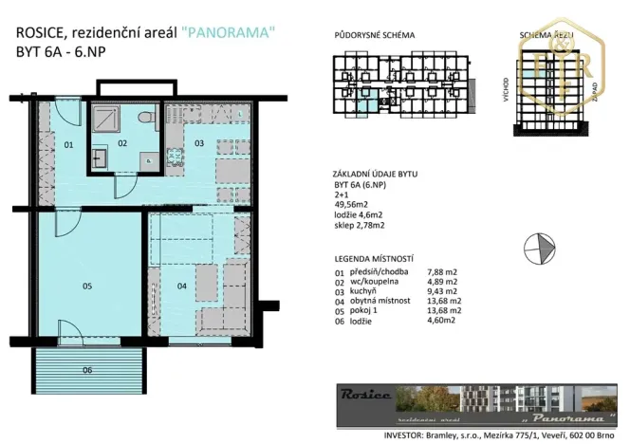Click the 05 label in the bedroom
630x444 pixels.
coord(87,285)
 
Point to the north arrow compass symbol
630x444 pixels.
coord(540,245)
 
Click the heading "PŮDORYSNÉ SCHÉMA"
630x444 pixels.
coord(376,35)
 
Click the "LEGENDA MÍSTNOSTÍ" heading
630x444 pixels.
coord(375,258)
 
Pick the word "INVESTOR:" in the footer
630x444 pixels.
coord(361,426)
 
